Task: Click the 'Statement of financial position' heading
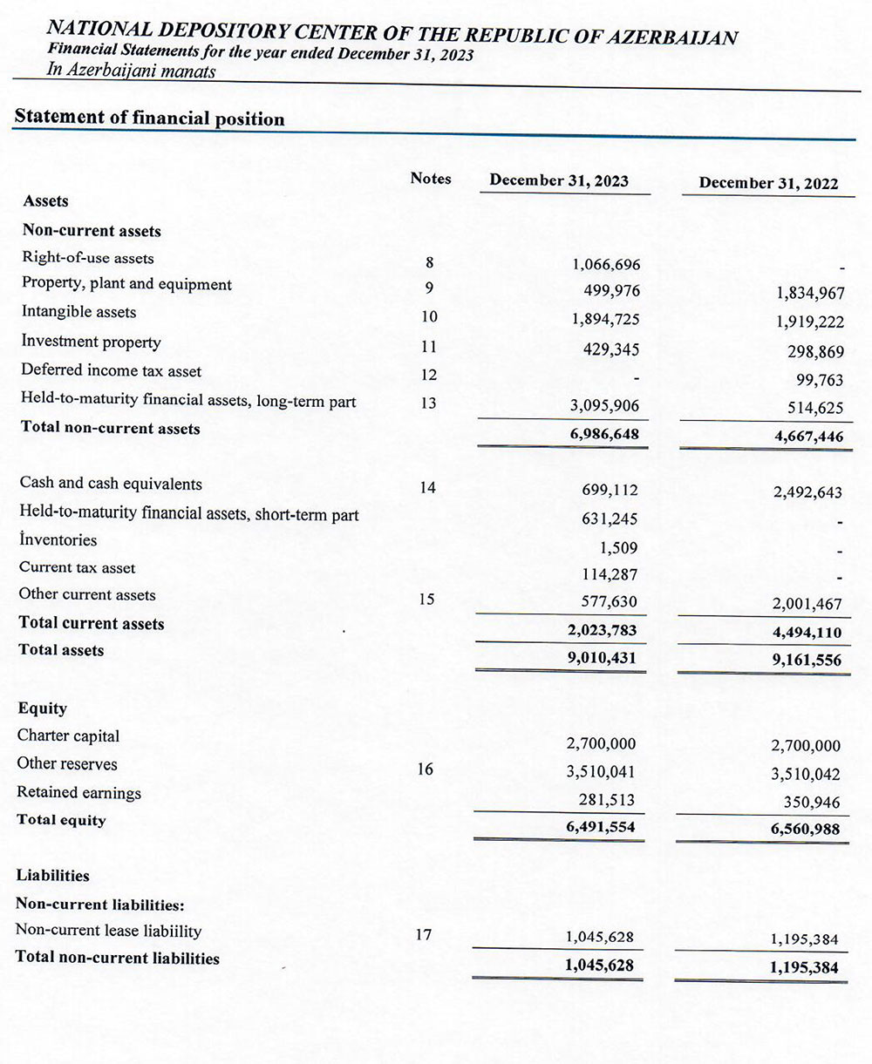point(150,118)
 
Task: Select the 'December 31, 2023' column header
point(559,180)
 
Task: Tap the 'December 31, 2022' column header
point(768,184)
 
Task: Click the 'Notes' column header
point(431,178)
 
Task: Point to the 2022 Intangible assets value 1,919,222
point(810,322)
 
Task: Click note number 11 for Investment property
point(427,347)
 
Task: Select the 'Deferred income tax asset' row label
point(111,371)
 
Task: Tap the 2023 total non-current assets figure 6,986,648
point(603,433)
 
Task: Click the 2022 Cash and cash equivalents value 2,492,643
point(807,492)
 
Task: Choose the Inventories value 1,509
point(618,548)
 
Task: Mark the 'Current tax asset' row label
point(78,568)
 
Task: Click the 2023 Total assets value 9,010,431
point(602,659)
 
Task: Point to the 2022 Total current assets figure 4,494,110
point(807,634)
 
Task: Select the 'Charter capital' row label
point(69,736)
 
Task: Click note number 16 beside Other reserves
point(426,769)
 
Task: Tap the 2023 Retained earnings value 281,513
point(607,800)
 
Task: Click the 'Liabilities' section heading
point(53,876)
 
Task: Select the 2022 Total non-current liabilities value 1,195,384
point(804,967)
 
